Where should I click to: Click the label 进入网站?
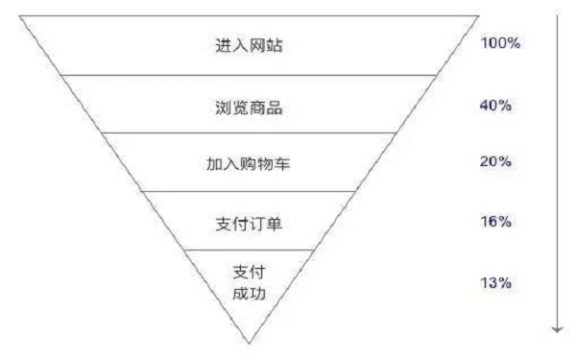coord(249,45)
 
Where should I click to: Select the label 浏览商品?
coord(249,106)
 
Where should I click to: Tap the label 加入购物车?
coord(249,163)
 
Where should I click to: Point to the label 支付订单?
coord(249,223)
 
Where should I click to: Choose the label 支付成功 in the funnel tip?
coord(249,282)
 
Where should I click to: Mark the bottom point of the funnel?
coord(250,342)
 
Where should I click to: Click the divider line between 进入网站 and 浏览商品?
coord(249,74)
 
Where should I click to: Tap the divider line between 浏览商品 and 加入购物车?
coord(249,132)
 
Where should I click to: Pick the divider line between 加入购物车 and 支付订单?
coord(249,191)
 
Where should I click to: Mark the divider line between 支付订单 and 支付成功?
coord(249,249)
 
